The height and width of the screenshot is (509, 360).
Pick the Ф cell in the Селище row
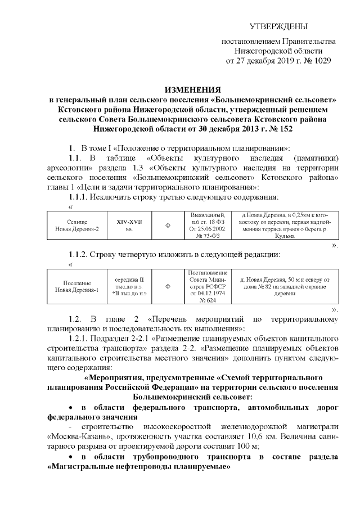pyautogui.click(x=167, y=226)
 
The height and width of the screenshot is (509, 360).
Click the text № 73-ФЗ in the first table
pyautogui.click(x=208, y=237)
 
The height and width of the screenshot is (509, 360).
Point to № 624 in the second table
pyautogui.click(x=208, y=301)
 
